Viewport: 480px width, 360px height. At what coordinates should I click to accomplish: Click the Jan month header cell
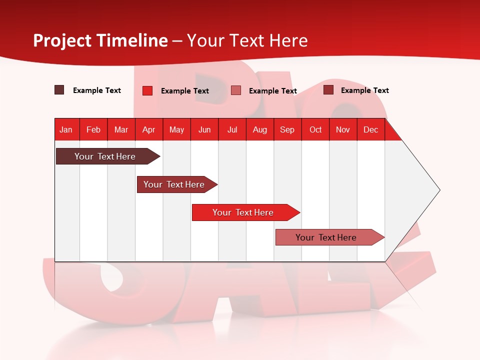pos(66,129)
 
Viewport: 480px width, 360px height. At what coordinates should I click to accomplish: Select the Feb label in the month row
pos(93,129)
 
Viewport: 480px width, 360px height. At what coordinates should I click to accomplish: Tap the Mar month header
pos(121,129)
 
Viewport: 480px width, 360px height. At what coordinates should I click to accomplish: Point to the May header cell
pos(176,129)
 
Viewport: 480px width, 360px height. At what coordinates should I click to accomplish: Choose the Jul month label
pos(232,129)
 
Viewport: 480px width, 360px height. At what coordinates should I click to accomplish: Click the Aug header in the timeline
pos(259,129)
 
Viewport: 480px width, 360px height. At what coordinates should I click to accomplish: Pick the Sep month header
pos(287,129)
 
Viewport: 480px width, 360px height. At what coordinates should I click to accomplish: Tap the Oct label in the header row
pos(315,129)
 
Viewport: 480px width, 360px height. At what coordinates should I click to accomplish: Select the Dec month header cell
pos(370,129)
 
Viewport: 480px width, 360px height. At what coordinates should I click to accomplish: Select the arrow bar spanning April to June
pos(175,184)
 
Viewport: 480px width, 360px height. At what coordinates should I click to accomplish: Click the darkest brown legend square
pos(59,90)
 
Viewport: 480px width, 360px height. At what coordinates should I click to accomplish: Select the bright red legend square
pos(147,90)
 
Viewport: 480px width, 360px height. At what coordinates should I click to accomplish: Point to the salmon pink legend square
pos(236,90)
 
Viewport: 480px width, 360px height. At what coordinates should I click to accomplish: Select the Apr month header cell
pos(148,129)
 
